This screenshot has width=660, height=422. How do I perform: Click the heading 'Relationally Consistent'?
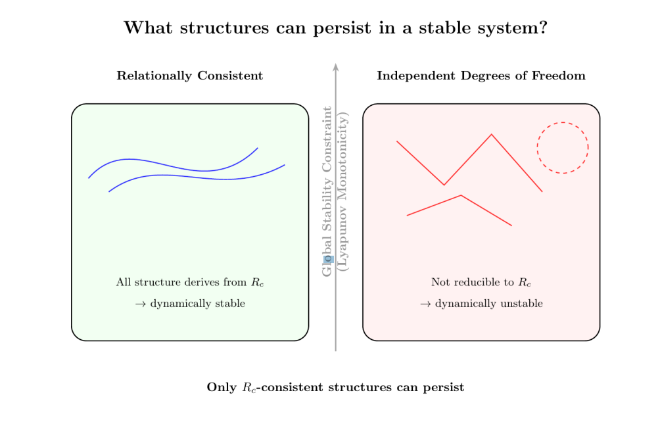coord(190,76)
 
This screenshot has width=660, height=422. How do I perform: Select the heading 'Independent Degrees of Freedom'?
coord(481,76)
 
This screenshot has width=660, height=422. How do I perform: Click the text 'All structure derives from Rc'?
coord(190,283)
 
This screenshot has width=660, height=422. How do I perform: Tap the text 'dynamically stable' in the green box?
coord(197,304)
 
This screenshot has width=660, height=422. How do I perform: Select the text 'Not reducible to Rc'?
coord(481,283)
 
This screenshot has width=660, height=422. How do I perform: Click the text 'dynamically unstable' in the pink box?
coord(488,304)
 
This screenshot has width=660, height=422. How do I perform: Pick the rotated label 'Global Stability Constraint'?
coord(327,191)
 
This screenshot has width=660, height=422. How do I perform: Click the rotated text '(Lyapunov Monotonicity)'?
coord(342,191)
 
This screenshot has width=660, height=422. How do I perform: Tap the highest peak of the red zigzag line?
coord(490,135)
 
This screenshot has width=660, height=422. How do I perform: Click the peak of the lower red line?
coord(461,195)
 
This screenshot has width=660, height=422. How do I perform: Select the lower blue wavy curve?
coord(197,176)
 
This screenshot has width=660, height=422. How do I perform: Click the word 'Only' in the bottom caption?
coord(222,387)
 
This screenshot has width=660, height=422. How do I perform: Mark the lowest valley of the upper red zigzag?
coord(444,185)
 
